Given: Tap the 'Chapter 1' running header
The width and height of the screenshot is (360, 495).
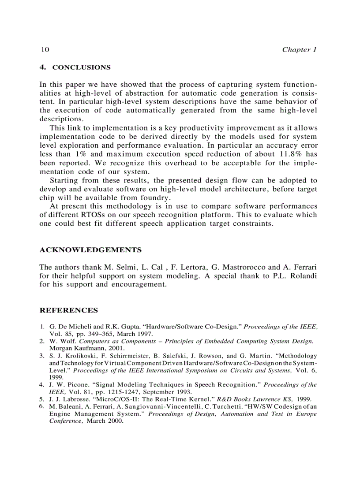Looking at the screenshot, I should (x=299, y=49).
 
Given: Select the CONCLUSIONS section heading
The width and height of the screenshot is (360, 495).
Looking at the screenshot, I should (x=81, y=67).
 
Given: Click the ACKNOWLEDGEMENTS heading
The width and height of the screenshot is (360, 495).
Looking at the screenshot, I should (x=90, y=250).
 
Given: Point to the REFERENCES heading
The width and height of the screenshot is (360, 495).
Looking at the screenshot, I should (x=69, y=310).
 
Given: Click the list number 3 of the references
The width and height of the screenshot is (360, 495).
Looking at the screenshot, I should (x=41, y=356).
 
